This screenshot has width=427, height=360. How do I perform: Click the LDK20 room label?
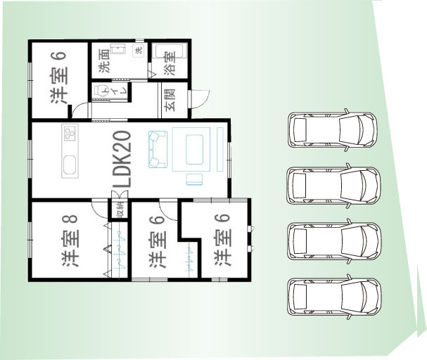[122, 160]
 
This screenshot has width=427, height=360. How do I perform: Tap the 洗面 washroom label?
[104, 60]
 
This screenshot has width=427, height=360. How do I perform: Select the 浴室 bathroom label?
[170, 64]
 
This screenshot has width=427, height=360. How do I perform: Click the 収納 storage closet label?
[120, 210]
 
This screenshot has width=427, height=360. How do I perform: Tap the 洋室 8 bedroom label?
[70, 240]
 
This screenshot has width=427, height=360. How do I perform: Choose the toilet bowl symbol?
[99, 90]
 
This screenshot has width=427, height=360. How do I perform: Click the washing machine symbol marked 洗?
[139, 51]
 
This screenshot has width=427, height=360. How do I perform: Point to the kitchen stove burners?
[70, 132]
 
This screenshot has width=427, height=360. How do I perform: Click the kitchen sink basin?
[70, 165]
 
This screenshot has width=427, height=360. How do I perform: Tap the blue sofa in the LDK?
[158, 149]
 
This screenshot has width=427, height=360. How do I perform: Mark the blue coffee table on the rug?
[194, 149]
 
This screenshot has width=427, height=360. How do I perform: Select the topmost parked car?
[332, 130]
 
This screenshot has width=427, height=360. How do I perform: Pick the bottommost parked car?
[334, 297]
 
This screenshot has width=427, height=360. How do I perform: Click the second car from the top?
[333, 186]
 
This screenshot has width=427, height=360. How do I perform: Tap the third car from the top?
[334, 241]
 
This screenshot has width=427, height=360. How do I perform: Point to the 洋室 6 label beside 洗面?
[59, 78]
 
